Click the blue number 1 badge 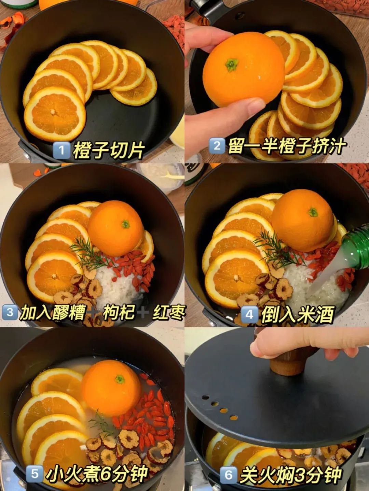[x=61, y=151]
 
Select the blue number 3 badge [x=10, y=312]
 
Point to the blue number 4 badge [x=249, y=314]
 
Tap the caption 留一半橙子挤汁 [x=286, y=146]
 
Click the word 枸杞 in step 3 [x=119, y=312]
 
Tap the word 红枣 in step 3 [x=169, y=312]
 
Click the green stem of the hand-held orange [x=231, y=65]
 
